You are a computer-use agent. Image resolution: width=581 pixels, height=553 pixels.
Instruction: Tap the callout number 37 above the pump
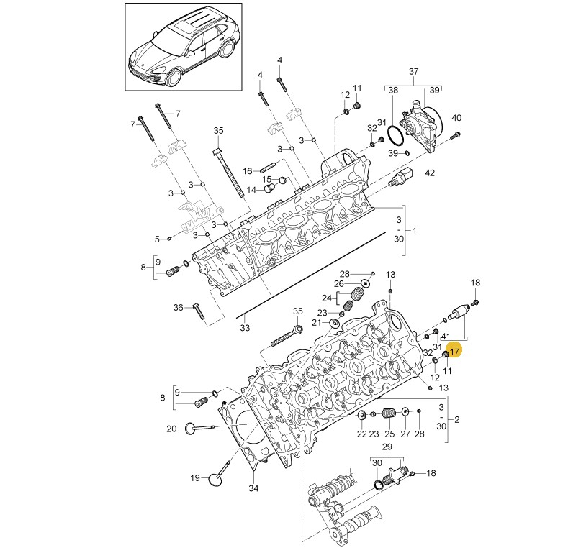[x=413, y=71]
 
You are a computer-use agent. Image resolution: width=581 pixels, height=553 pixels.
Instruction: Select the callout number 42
[x=430, y=173]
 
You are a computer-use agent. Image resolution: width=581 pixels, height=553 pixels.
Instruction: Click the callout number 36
[x=179, y=308]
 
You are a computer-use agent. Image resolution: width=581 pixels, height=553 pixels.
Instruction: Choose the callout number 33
[x=245, y=328]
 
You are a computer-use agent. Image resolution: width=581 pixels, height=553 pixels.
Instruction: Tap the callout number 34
[x=253, y=489]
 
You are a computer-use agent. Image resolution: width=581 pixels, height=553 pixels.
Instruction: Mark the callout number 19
[x=195, y=478]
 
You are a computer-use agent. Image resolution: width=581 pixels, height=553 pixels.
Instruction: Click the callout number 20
[x=171, y=429]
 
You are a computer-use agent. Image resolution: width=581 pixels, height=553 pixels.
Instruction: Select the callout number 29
[x=387, y=447]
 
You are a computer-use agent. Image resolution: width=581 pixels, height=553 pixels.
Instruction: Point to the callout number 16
[x=248, y=171]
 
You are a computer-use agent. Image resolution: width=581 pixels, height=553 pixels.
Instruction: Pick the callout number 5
[x=157, y=239]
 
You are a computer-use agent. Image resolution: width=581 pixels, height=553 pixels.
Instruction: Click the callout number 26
[x=338, y=283]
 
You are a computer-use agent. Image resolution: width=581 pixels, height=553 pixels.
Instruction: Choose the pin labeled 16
[x=268, y=170]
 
